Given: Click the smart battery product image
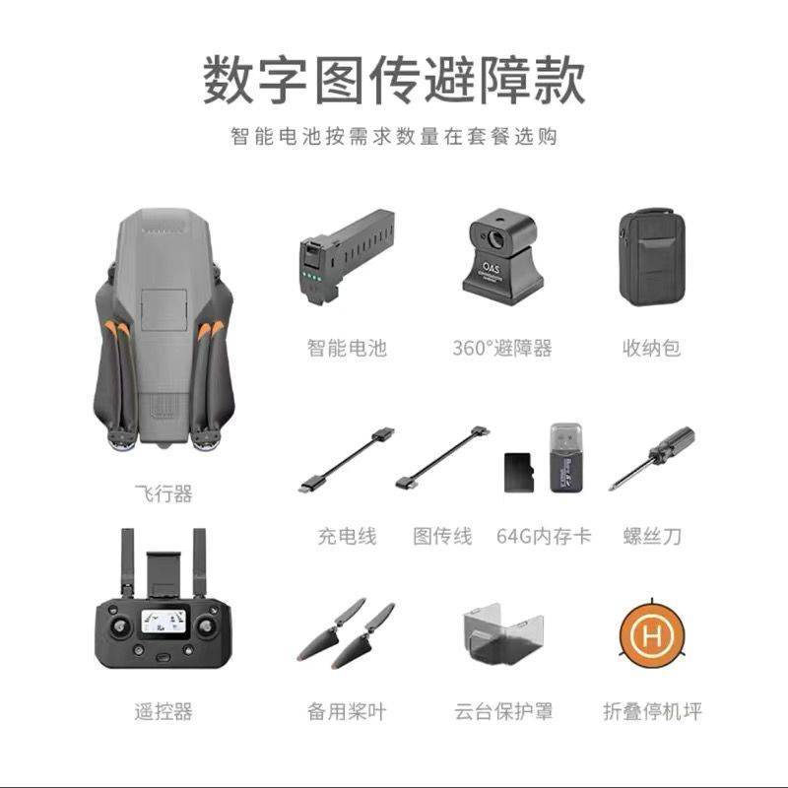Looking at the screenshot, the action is [x=347, y=256].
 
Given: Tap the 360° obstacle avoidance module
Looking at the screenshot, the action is [x=502, y=257].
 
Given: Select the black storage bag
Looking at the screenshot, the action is [x=652, y=257].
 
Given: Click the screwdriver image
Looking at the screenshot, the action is [x=652, y=458].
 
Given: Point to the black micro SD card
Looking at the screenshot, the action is [x=519, y=473].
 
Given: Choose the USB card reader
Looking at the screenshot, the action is [x=566, y=457].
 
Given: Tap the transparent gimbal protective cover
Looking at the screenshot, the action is [x=502, y=634].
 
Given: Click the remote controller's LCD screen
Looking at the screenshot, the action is [x=164, y=622].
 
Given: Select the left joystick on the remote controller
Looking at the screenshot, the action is [x=120, y=626].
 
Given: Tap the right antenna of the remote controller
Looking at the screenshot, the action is [x=200, y=561].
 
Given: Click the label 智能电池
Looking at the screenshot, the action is [x=347, y=348].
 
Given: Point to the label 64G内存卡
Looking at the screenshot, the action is [x=544, y=536].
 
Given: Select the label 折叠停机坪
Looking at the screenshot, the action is [x=652, y=711].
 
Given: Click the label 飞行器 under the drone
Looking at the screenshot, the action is [x=164, y=493].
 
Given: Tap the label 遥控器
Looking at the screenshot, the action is [x=164, y=711].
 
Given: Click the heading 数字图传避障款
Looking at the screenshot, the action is [x=394, y=81].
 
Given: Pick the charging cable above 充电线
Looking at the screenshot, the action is [x=347, y=459].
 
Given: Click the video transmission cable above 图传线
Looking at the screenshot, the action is [x=442, y=458].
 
